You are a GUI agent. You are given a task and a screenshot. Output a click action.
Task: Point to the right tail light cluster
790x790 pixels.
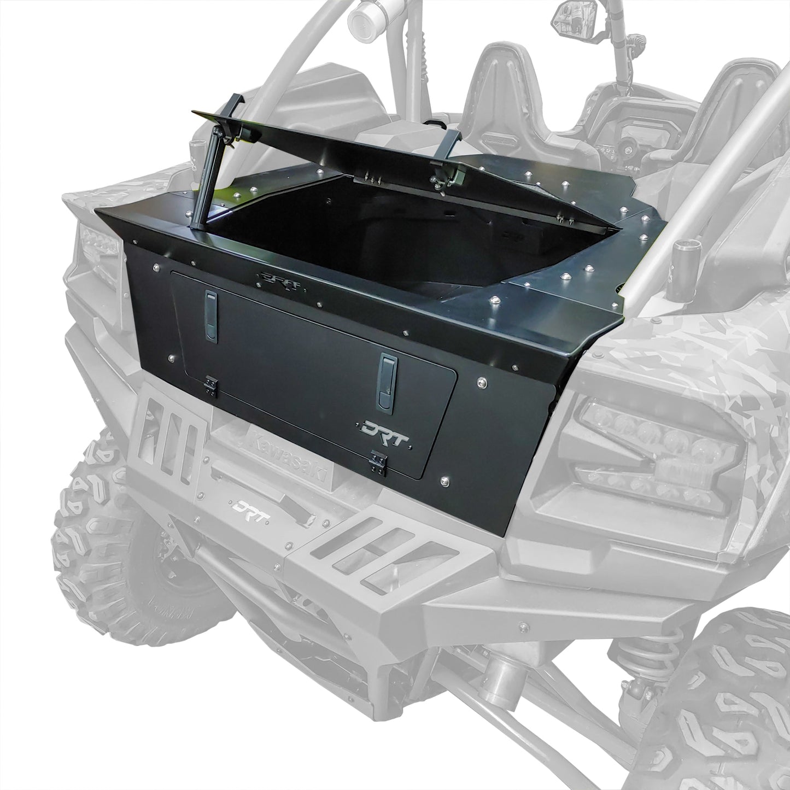coord(656,448)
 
